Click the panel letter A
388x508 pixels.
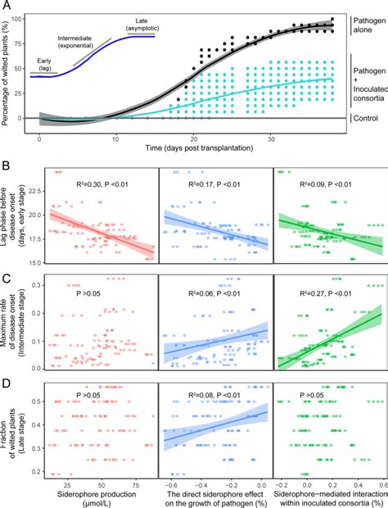pyautogui.click(x=7, y=7)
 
